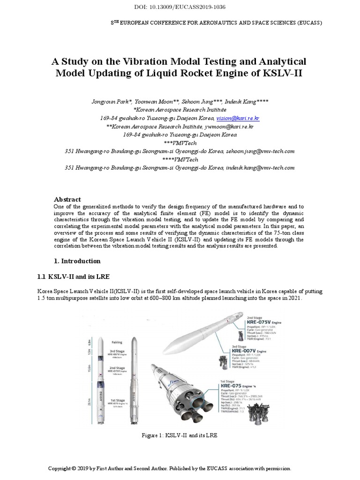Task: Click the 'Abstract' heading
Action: (x=67, y=199)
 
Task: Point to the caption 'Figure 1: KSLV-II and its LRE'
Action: (x=180, y=435)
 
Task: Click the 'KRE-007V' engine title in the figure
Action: (x=243, y=350)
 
